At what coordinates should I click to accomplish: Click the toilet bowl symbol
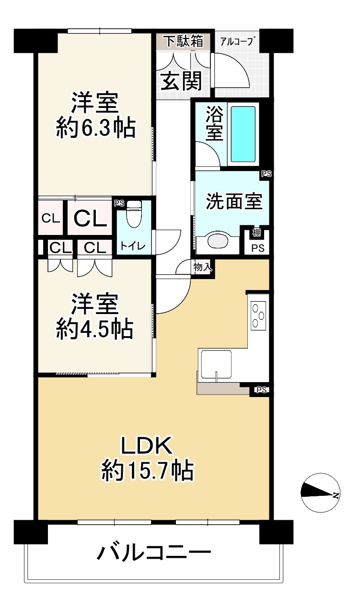(134, 214)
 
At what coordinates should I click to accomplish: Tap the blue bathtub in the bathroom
(243, 134)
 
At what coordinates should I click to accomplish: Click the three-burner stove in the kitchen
(258, 316)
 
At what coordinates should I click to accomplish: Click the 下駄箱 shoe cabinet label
(184, 41)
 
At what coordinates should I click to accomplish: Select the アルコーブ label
(237, 41)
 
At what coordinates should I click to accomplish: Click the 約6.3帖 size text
(96, 128)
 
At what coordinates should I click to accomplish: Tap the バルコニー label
(154, 551)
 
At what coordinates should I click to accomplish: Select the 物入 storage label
(202, 267)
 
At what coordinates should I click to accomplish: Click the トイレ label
(133, 246)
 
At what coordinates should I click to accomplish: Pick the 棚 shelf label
(257, 233)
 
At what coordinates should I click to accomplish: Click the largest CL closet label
(90, 218)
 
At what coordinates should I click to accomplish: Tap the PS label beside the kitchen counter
(262, 390)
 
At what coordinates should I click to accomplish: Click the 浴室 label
(215, 123)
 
